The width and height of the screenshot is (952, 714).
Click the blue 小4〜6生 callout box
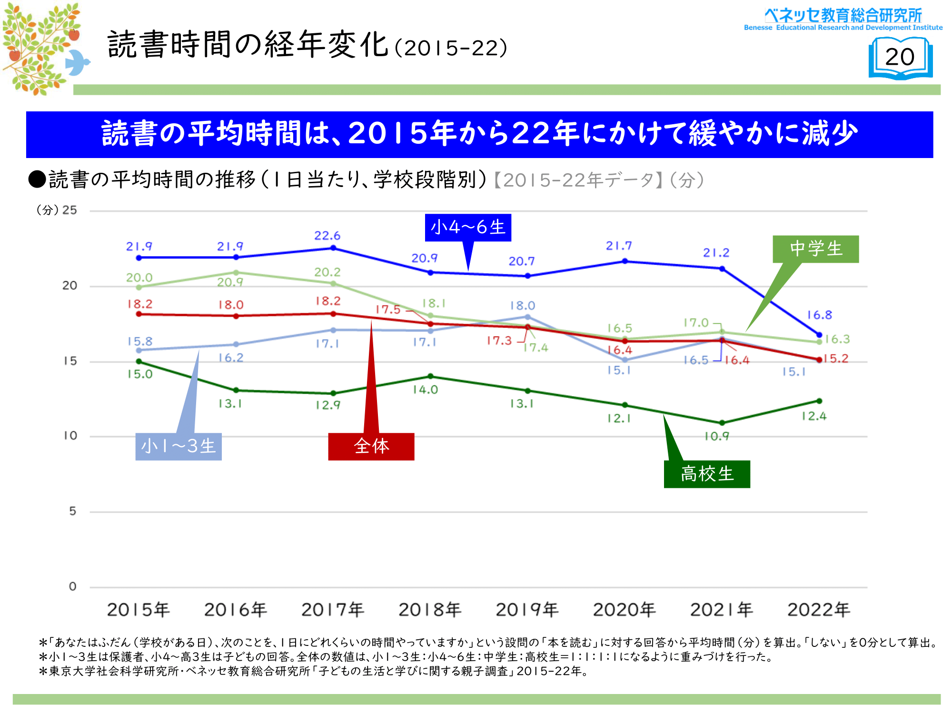468,228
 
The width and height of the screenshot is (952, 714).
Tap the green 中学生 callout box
815,249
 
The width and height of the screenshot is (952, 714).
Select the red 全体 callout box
371,446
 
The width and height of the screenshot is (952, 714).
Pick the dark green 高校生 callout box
707,474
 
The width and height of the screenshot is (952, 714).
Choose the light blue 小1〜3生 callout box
178,446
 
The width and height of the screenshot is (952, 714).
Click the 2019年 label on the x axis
527,610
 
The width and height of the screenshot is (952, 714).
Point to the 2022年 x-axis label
819,610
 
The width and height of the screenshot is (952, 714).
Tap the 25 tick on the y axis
69,210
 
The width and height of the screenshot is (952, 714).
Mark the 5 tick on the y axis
72,511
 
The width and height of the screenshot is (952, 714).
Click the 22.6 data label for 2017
327,236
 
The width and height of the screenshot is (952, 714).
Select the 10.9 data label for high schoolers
717,436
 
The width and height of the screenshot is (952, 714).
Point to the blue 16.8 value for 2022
820,315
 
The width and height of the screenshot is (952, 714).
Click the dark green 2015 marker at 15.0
139,362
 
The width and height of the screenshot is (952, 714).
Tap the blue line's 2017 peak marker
333,248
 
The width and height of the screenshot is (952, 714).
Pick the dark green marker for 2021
722,423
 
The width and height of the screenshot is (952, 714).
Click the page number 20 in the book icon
900,57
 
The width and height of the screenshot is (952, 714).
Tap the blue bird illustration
77,62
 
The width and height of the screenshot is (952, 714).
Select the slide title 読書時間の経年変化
248,45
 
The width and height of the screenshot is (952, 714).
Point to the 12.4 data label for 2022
814,416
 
